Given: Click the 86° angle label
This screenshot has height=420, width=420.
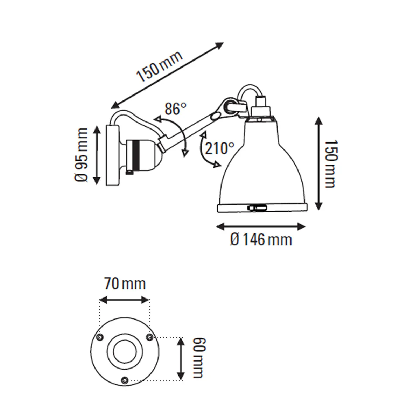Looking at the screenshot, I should pyautogui.click(x=175, y=109).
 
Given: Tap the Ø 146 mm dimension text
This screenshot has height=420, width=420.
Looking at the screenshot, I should pyautogui.click(x=261, y=240).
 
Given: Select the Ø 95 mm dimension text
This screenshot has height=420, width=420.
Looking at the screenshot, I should pyautogui.click(x=82, y=155).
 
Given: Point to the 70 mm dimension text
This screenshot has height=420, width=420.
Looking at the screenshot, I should pyautogui.click(x=125, y=283).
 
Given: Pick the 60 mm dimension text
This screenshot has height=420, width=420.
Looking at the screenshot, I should pyautogui.click(x=198, y=358).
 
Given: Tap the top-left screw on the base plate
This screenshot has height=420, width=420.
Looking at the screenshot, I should pyautogui.click(x=100, y=337).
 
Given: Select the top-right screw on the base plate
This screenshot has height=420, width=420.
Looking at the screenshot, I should pyautogui.click(x=150, y=337).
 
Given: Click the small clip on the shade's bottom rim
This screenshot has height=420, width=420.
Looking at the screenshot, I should pyautogui.click(x=257, y=208).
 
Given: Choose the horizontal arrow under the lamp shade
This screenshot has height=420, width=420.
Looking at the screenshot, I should pyautogui.click(x=261, y=227).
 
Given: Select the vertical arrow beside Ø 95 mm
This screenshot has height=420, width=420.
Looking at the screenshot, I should pyautogui.click(x=97, y=155).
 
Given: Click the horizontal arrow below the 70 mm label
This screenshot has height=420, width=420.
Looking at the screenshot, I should pyautogui.click(x=125, y=300).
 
